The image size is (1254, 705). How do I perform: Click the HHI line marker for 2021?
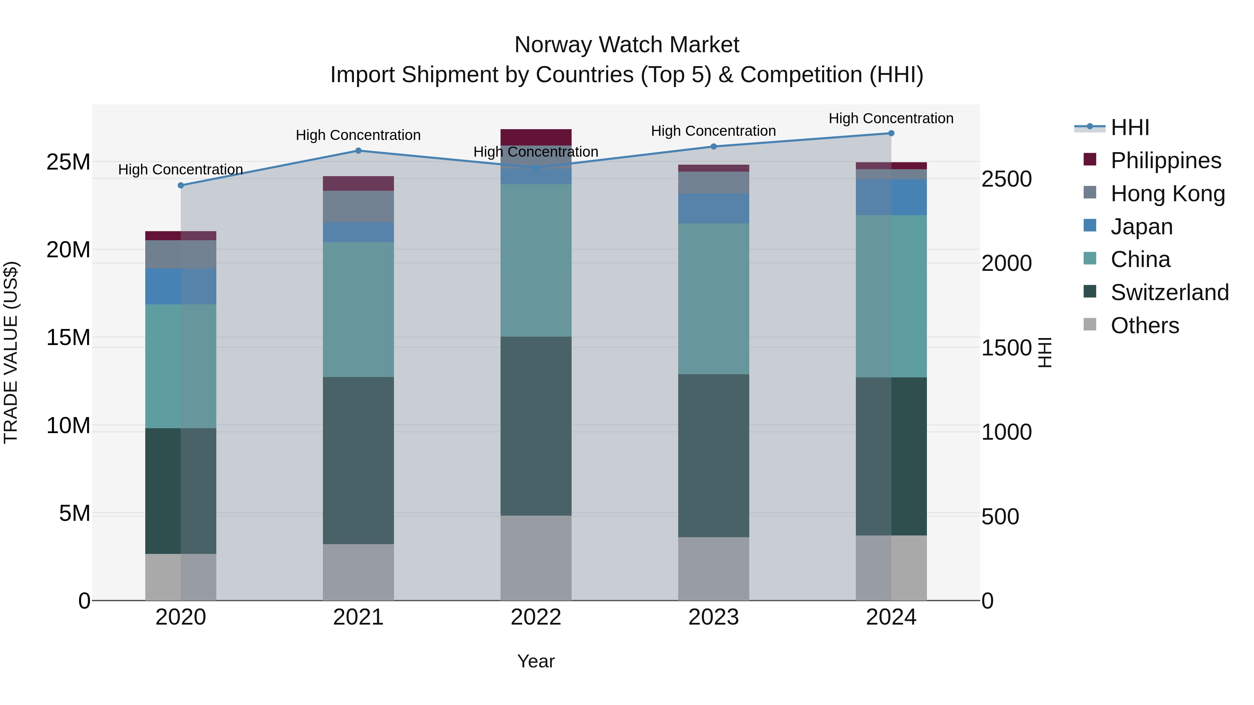358,151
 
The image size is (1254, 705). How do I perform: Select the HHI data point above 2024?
891,133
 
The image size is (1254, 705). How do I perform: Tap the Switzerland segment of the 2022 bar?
536,426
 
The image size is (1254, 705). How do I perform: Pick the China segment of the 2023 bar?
714,299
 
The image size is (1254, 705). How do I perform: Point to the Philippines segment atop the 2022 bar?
536,137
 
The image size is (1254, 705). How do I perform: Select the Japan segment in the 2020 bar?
180,287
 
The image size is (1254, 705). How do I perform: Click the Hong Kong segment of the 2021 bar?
358,206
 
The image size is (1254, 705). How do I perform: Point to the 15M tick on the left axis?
68,338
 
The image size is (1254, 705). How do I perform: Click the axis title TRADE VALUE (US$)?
11,352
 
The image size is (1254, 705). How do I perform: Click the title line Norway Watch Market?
627,45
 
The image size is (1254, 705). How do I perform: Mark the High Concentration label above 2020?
180,170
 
